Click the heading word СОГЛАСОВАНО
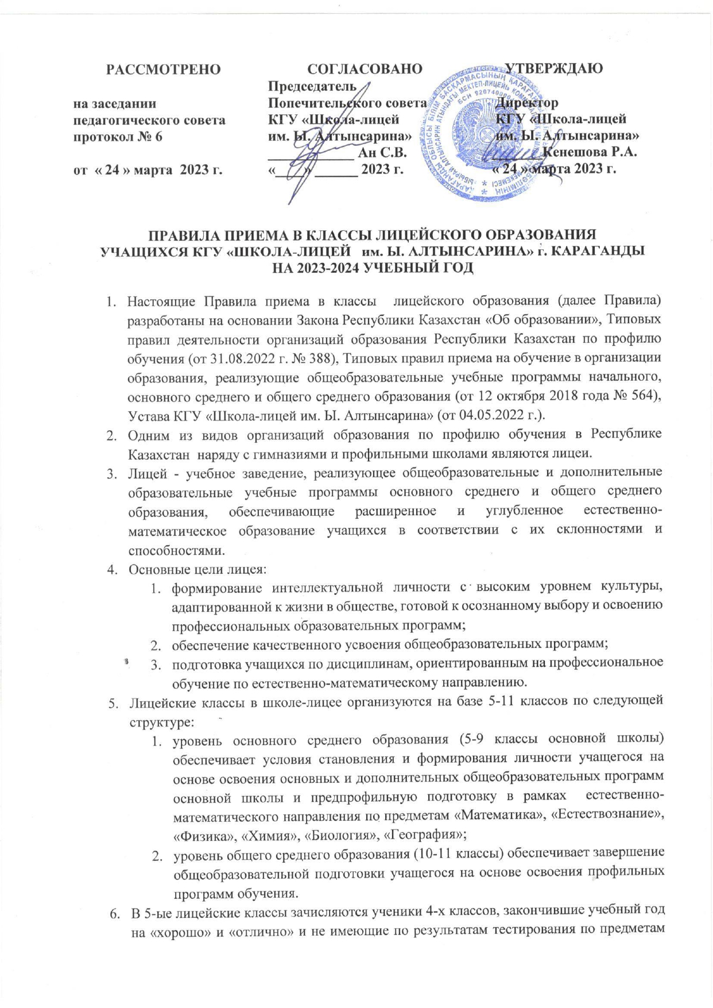pyautogui.click(x=365, y=69)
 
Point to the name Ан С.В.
pyautogui.click(x=382, y=153)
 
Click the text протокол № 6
pyautogui.click(x=118, y=137)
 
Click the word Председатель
pyautogui.click(x=312, y=87)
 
